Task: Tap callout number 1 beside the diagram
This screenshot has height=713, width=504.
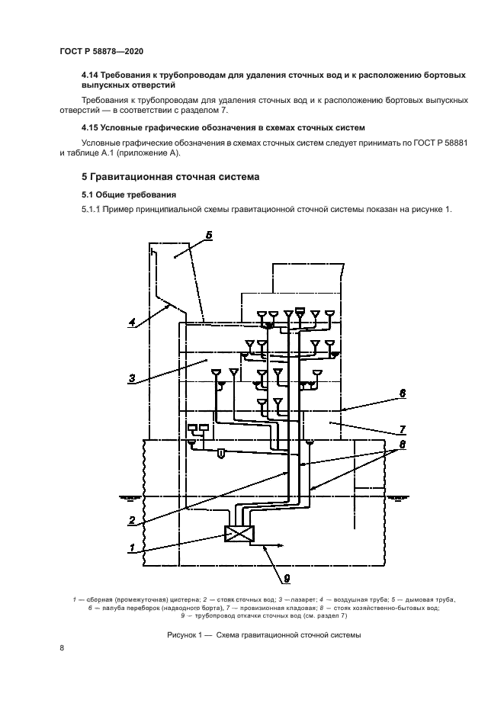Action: click(x=132, y=547)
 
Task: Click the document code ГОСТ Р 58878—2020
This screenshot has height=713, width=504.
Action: click(x=101, y=51)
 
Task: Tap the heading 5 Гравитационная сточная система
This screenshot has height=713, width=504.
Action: click(x=171, y=177)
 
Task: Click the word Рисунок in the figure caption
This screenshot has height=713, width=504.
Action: click(x=183, y=634)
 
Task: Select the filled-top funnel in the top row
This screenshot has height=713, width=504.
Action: click(x=300, y=312)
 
